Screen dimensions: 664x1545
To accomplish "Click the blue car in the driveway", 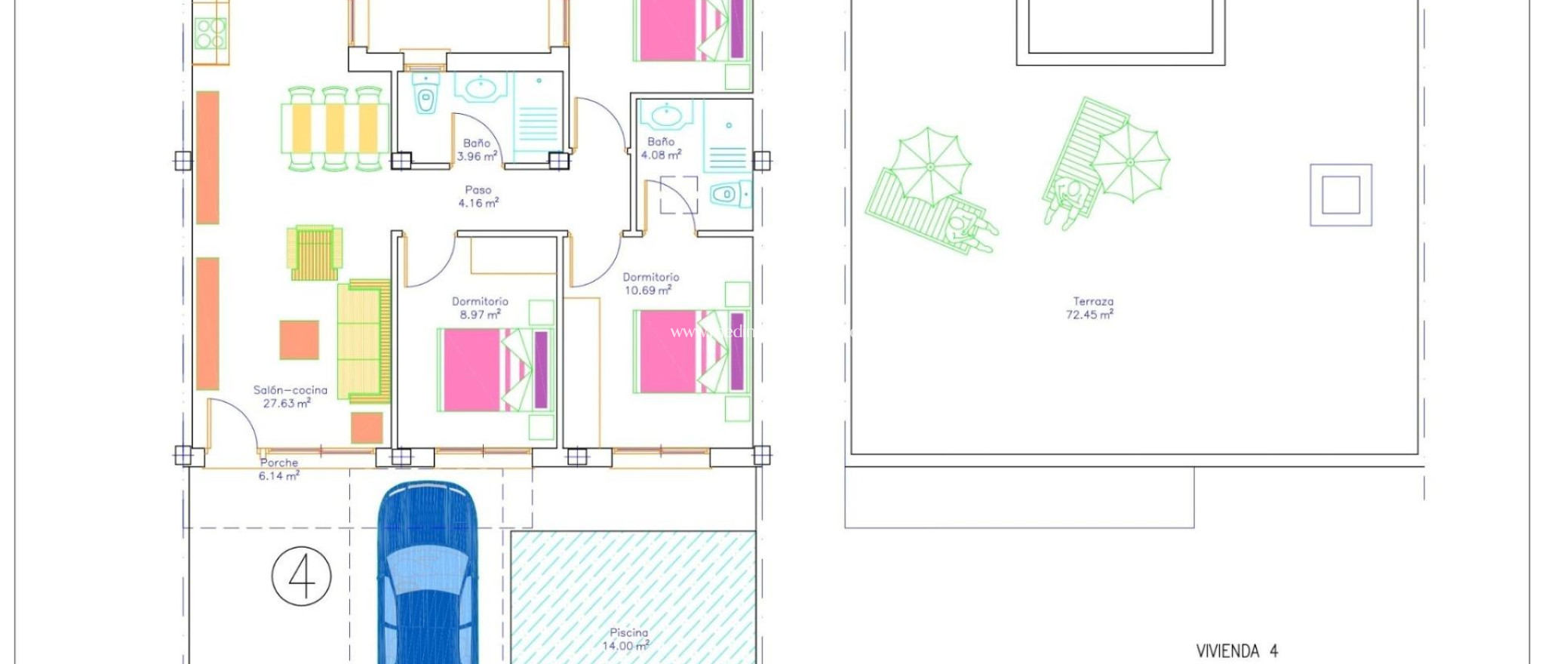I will pyautogui.click(x=427, y=573).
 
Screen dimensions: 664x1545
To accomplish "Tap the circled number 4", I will pyautogui.click(x=302, y=576).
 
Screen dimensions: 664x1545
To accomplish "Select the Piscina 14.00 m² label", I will pyautogui.click(x=628, y=640).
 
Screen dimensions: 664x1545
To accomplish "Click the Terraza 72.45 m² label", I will pyautogui.click(x=1091, y=308).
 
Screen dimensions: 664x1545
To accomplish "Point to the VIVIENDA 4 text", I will pyautogui.click(x=1236, y=650).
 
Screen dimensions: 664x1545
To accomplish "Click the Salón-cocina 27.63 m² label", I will pyautogui.click(x=290, y=397).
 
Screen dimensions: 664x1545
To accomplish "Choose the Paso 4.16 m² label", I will pyautogui.click(x=478, y=197).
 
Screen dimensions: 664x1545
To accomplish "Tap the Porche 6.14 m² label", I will pyautogui.click(x=279, y=469).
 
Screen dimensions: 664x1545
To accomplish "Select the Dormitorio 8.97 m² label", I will pyautogui.click(x=481, y=308).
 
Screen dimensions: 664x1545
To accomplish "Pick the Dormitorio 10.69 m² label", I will pyautogui.click(x=650, y=284).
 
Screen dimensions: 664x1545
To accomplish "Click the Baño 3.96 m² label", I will pyautogui.click(x=477, y=149).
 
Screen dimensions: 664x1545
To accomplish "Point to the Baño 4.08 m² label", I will pyautogui.click(x=661, y=148).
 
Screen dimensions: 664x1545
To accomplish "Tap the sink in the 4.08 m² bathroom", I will pyautogui.click(x=667, y=115).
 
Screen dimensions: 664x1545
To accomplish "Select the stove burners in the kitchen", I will pyautogui.click(x=210, y=33).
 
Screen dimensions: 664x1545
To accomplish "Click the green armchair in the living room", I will pyautogui.click(x=314, y=252).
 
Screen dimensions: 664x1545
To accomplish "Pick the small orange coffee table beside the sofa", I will pyautogui.click(x=299, y=340).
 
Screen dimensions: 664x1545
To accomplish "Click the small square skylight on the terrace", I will pyautogui.click(x=1341, y=195).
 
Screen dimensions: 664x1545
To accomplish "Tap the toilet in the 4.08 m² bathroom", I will pyautogui.click(x=729, y=195).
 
